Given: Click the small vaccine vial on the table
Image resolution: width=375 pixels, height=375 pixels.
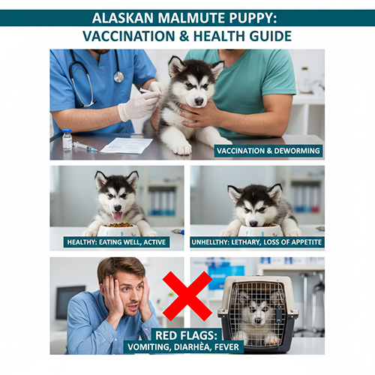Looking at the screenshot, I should coord(67,139).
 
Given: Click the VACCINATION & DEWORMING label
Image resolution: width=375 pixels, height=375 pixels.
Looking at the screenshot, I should coord(268,151).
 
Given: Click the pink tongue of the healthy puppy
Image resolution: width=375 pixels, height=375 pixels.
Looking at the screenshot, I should coord(117,216).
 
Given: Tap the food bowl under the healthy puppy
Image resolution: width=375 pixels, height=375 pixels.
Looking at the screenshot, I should coord(118,228).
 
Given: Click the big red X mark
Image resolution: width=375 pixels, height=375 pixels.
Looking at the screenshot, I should coord(187,295).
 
